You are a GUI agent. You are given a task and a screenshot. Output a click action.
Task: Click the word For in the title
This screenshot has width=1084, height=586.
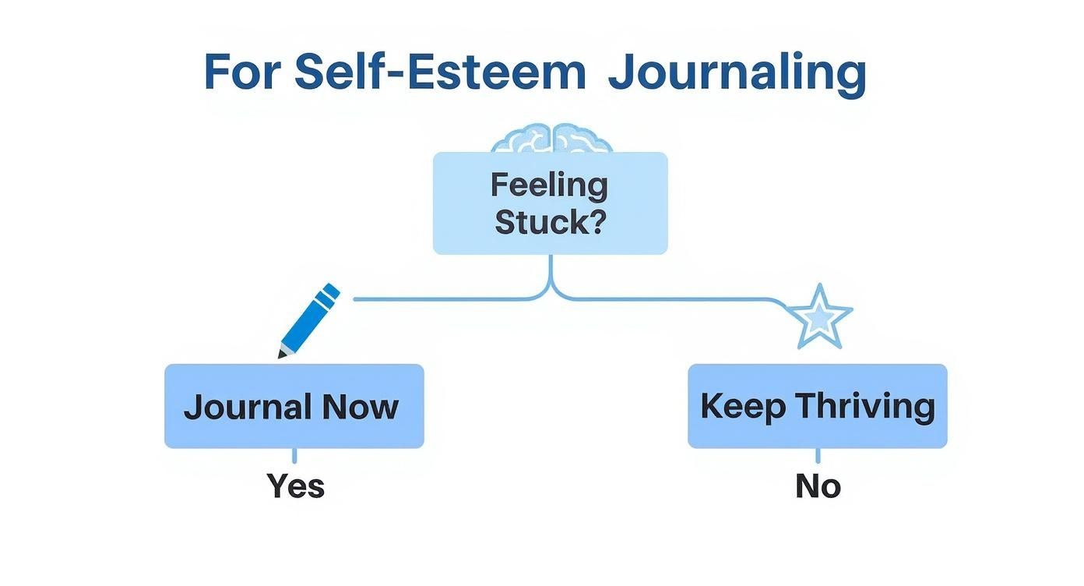pos(241,73)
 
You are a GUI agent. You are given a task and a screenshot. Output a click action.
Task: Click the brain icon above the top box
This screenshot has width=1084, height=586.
pos(551,138)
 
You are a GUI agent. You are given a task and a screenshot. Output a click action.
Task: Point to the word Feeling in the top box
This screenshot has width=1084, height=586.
pos(549,185)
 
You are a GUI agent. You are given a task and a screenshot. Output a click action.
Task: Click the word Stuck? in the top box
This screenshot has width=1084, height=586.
pos(550,222)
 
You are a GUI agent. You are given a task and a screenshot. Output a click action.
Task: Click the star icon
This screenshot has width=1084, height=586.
pos(821,317)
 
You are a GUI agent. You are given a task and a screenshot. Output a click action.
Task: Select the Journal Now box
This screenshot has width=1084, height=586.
pos(294,406)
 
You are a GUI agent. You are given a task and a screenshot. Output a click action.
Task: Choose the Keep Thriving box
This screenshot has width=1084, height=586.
pos(817,406)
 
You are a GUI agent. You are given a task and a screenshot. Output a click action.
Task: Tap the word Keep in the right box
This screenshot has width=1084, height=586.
pos(742,408)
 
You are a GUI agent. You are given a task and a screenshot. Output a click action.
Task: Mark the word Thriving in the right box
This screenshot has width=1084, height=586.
pos(864,408)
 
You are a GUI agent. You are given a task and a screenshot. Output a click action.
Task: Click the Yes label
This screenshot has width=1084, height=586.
pos(295,486)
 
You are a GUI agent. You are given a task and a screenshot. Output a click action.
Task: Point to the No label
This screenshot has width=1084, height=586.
pos(818,486)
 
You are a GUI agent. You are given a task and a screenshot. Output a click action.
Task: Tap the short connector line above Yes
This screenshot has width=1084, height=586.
pos(294,457)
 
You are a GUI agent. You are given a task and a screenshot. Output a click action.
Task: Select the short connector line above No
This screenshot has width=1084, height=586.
pos(818,457)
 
